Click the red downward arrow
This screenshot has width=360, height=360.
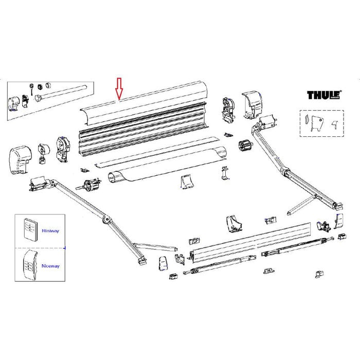[119, 88]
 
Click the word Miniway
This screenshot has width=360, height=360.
[52, 231]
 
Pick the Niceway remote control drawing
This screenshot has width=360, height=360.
[30, 265]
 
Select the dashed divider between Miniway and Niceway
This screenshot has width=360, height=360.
[39, 247]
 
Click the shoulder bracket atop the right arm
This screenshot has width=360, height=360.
[267, 122]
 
